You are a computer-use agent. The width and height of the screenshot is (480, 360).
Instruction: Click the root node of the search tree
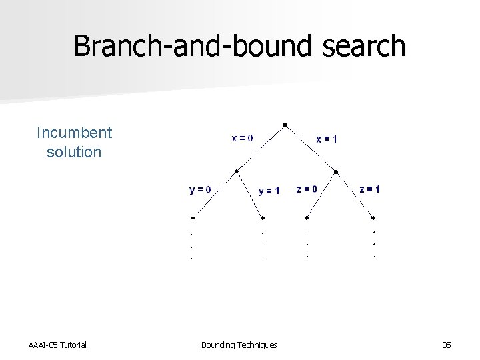click(285, 124)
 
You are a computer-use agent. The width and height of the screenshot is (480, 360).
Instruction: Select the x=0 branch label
click(241, 138)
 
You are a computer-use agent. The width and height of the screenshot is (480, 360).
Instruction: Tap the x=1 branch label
click(326, 139)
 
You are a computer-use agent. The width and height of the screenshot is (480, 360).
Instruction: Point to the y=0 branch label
click(200, 189)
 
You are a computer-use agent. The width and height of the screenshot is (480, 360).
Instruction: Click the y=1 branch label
click(269, 191)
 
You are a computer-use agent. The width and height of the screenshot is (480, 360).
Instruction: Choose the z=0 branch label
click(306, 189)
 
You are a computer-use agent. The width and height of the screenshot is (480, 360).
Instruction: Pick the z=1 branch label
click(370, 189)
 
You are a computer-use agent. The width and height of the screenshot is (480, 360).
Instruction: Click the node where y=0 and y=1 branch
click(236, 171)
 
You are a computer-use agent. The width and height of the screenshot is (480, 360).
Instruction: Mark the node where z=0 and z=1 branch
click(335, 171)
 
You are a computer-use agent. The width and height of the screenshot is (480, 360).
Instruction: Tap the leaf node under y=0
click(193, 217)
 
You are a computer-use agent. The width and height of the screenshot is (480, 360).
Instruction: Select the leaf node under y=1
click(263, 217)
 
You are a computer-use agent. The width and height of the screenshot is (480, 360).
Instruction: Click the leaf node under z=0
click(306, 217)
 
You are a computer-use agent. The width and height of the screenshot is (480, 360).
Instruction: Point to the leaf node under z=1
click(373, 217)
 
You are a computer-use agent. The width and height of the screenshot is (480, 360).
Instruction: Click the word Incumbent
click(75, 133)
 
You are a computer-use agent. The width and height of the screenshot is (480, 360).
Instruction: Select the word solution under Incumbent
click(74, 152)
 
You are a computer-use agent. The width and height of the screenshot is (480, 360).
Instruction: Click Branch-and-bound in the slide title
click(185, 46)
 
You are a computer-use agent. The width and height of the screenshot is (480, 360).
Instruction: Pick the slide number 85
click(446, 345)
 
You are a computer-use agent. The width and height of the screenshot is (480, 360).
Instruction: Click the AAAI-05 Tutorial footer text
click(57, 345)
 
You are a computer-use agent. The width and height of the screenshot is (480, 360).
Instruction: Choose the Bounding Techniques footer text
click(239, 345)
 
